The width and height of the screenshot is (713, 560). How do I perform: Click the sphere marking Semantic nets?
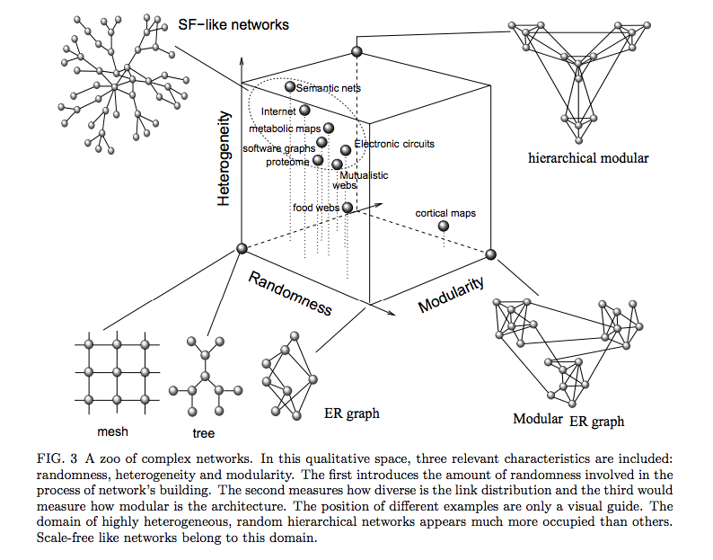290,87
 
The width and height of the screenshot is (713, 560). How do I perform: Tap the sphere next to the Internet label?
305,111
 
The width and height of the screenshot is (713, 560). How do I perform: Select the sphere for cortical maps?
444,226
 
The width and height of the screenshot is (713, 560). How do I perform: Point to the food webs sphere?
348,208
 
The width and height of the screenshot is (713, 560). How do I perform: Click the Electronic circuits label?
394,144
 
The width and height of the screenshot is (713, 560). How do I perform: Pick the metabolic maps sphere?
328,129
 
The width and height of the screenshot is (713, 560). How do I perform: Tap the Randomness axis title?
289,292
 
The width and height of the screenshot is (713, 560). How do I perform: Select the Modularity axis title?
452,294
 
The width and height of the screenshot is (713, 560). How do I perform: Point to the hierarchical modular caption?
588,159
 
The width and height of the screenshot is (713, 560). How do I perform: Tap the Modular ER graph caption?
568,420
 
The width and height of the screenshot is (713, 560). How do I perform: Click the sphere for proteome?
318,161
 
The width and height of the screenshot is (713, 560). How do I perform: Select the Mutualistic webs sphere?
338,164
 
